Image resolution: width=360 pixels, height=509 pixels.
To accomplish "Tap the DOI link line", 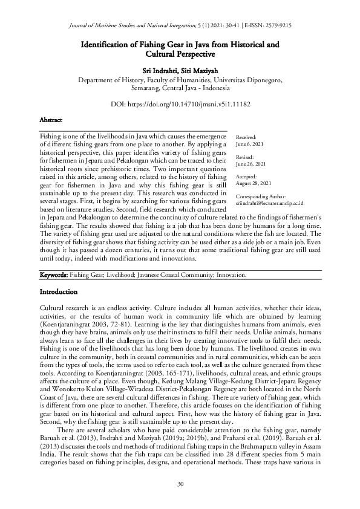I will (180, 104).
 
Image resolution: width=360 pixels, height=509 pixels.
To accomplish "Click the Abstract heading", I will (50, 120).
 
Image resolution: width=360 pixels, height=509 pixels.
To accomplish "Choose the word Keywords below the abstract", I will (53, 275).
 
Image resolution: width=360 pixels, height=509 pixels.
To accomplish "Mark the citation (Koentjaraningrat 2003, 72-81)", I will (79, 325).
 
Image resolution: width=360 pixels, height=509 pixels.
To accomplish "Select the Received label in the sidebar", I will (246, 138).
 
